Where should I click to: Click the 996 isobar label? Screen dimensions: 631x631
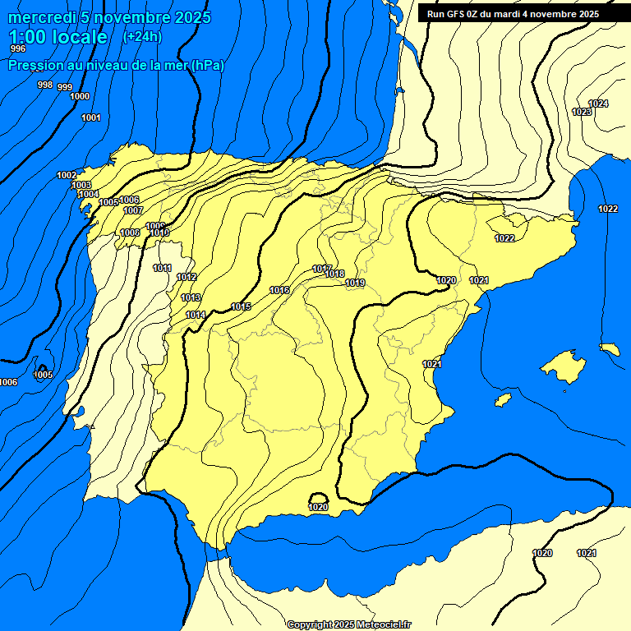pyautogui.click(x=17, y=48)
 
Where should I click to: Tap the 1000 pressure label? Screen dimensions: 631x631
pyautogui.click(x=80, y=96)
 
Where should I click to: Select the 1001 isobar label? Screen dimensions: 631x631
pyautogui.click(x=90, y=117)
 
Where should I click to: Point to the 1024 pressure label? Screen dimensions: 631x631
pyautogui.click(x=598, y=104)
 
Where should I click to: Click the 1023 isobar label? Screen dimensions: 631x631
pyautogui.click(x=581, y=112)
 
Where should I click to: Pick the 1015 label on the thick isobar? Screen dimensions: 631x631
pyautogui.click(x=241, y=306)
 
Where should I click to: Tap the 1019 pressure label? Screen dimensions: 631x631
pyautogui.click(x=355, y=283)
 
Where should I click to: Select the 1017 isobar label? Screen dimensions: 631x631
pyautogui.click(x=322, y=269)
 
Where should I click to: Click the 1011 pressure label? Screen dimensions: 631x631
pyautogui.click(x=163, y=268)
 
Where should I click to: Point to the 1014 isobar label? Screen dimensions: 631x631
pyautogui.click(x=196, y=315)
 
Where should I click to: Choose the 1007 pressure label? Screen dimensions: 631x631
pyautogui.click(x=134, y=210)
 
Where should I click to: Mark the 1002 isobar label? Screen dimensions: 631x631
pyautogui.click(x=67, y=175)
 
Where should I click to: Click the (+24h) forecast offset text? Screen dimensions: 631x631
pyautogui.click(x=142, y=36)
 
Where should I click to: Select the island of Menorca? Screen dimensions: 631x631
pyautogui.click(x=610, y=349)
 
